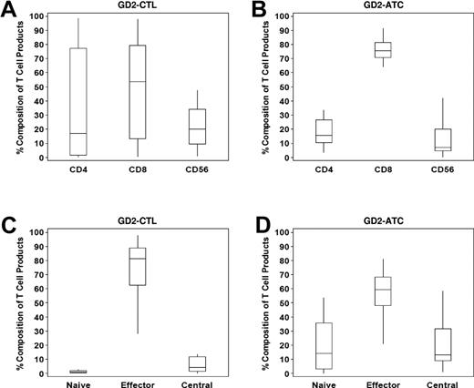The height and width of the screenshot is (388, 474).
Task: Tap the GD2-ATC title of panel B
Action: pyautogui.click(x=365, y=7)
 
